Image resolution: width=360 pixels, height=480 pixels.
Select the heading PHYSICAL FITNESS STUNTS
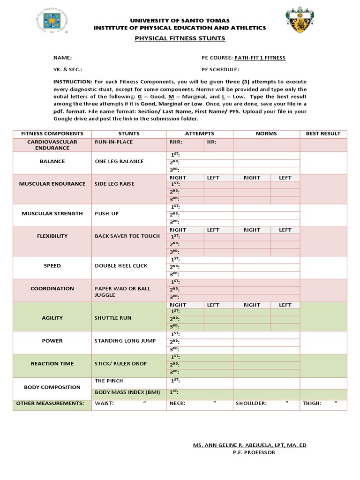point(180,38)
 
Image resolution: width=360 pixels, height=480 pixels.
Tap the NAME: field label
point(62,58)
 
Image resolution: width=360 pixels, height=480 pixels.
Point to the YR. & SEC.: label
point(67,69)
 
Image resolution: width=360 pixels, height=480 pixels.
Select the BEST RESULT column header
point(323,134)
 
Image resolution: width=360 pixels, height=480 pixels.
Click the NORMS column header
point(266,134)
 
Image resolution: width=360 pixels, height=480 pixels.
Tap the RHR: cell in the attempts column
point(176,142)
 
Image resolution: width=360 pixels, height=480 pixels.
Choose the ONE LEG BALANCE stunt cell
point(119,161)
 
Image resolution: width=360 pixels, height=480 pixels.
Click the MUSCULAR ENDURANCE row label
point(52,184)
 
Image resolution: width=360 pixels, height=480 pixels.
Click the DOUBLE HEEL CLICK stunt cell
point(121,266)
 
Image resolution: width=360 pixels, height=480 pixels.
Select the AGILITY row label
point(52,318)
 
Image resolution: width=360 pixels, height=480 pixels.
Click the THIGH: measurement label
point(312,403)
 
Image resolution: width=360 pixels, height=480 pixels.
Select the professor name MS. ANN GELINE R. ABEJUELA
point(249,445)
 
